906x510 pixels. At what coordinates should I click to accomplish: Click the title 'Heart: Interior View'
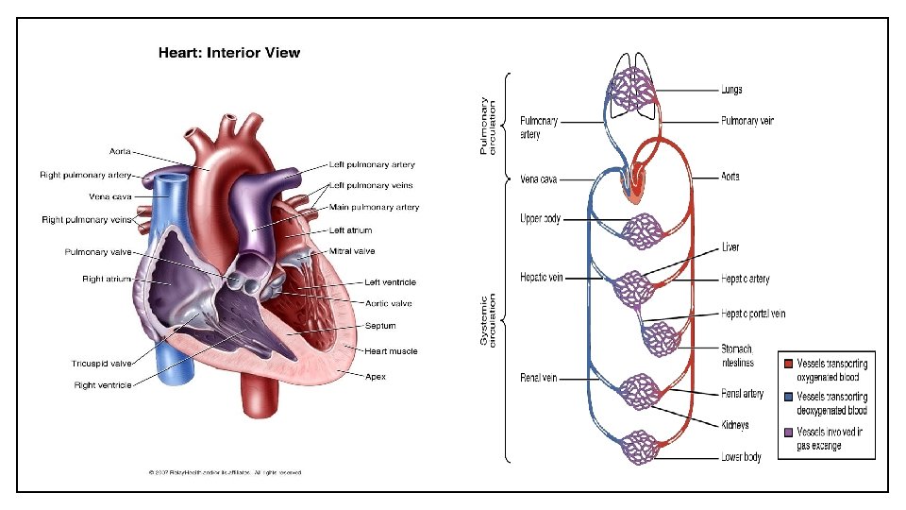point(228,53)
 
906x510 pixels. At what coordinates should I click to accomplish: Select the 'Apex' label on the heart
point(376,376)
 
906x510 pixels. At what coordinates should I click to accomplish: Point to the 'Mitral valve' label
point(352,251)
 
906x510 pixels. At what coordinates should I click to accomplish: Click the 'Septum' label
point(380,326)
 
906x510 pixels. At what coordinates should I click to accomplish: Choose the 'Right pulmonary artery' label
point(85,175)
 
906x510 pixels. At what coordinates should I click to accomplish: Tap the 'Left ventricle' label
point(391,282)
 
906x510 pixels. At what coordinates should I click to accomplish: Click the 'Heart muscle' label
point(392,351)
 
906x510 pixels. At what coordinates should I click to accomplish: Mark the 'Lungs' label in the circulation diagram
point(731,90)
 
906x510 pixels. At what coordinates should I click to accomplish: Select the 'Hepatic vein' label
point(542,278)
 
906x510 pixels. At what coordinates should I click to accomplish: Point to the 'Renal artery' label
point(742,393)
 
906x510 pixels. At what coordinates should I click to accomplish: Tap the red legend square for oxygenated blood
point(787,364)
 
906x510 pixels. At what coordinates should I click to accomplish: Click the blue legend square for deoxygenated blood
point(787,398)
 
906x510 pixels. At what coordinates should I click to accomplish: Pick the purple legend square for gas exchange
point(787,431)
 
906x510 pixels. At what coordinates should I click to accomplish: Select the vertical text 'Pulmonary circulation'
point(487,125)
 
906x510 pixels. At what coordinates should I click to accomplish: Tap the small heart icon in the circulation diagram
point(635,180)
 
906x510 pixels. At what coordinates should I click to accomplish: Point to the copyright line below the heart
point(226,472)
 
